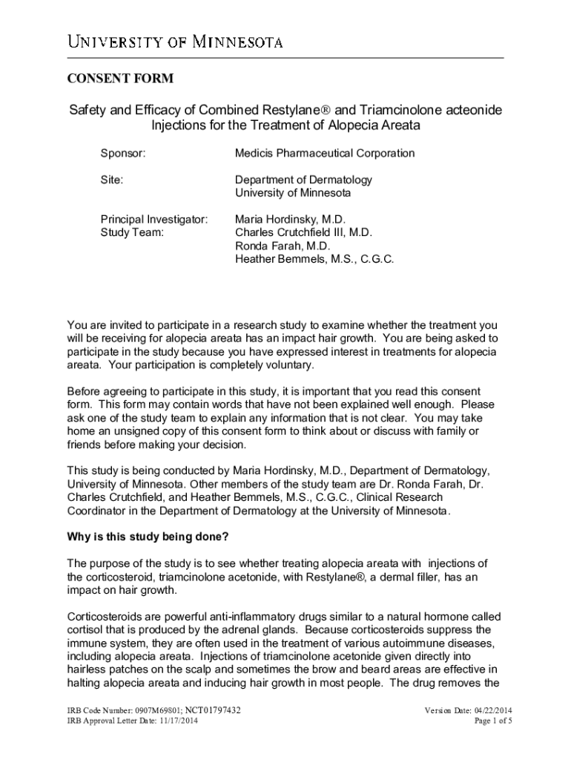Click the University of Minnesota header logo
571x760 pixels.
click(x=176, y=42)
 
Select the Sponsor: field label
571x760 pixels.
click(x=123, y=154)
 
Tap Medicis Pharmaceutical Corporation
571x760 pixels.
click(x=325, y=154)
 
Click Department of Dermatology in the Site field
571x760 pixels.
click(x=303, y=180)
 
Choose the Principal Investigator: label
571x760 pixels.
click(x=154, y=220)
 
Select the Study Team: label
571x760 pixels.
click(x=133, y=233)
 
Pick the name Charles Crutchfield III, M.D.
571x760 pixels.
click(x=303, y=233)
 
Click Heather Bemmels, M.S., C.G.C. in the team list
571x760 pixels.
click(x=314, y=259)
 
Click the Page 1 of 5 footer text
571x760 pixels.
click(x=494, y=721)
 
